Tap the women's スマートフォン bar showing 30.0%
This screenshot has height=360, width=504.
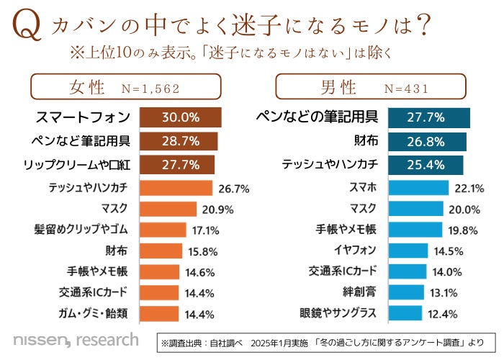coord(180,117)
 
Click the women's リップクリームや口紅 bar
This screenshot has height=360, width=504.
coord(177,164)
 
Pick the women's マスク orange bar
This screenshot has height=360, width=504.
coord(168,209)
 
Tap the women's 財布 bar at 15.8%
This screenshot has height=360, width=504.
coord(160,251)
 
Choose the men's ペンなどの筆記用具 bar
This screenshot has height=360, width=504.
coord(429,117)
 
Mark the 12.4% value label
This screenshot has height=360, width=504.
coord(464,313)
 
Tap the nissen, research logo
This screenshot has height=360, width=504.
coord(76,338)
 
